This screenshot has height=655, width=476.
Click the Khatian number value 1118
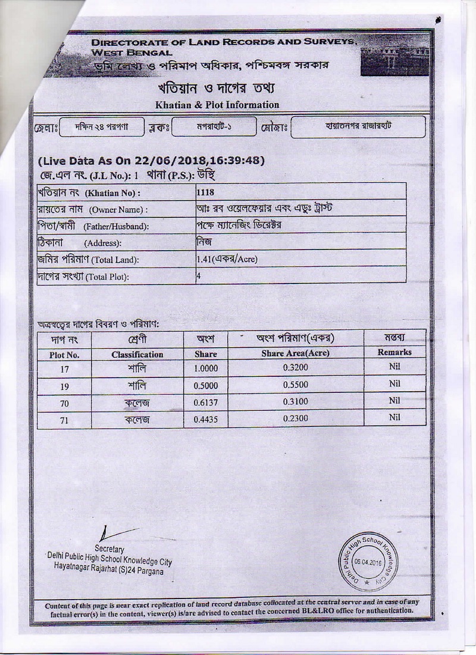205,192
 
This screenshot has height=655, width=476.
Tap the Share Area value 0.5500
295,385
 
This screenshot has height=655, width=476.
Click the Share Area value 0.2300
295,419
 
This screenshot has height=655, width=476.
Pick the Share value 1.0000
206,369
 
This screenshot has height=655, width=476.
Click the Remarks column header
394,353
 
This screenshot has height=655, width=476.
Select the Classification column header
137,354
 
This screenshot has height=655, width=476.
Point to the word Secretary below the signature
109,548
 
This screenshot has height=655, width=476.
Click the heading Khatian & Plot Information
217,105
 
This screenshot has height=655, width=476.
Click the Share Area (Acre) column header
295,353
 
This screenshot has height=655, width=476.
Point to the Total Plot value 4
199,276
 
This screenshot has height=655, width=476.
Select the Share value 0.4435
206,419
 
